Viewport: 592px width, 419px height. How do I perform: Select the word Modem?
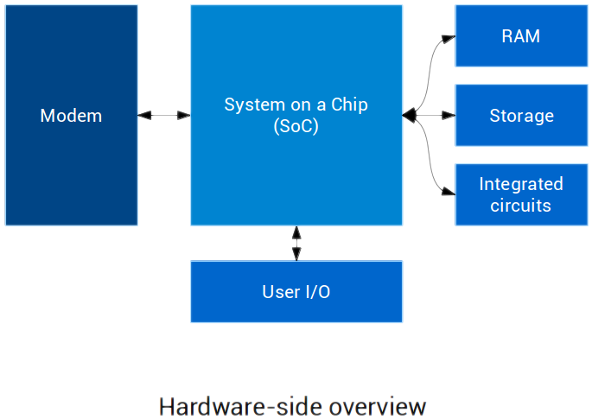coord(71,115)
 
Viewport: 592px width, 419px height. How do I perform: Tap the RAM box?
coord(520,36)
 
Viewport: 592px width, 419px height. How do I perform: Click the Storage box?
coord(520,115)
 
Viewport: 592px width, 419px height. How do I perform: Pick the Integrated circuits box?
coord(520,194)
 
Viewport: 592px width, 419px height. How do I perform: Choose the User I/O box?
coord(296,292)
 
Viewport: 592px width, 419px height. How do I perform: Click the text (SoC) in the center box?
coord(296,126)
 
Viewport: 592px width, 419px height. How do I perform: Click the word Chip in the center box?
coord(349,105)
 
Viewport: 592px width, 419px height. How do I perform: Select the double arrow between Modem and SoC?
coord(164,115)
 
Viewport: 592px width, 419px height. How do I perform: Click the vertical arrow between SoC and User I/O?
coord(296,243)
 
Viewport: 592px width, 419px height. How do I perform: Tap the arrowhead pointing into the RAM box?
coord(447,37)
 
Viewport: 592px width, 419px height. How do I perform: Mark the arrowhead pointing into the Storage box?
coord(447,115)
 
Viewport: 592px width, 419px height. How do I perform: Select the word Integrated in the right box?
coord(520,184)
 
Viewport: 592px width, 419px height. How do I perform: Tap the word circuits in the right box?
coord(520,206)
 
